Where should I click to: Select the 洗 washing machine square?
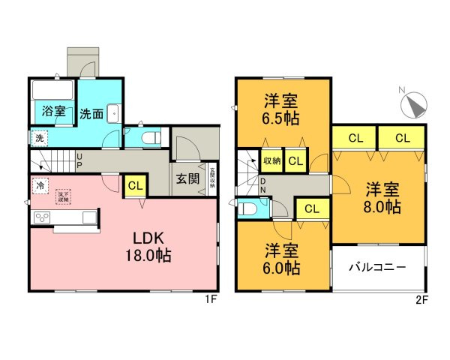[38, 138]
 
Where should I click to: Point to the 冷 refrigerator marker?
[38, 184]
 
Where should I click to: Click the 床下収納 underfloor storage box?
[63, 197]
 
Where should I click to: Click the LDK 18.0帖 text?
[152, 247]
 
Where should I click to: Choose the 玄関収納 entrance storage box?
[212, 181]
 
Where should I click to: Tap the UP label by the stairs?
[80, 160]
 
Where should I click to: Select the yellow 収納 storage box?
[271, 161]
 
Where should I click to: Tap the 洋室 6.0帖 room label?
[283, 259]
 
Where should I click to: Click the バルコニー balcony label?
[379, 267]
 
